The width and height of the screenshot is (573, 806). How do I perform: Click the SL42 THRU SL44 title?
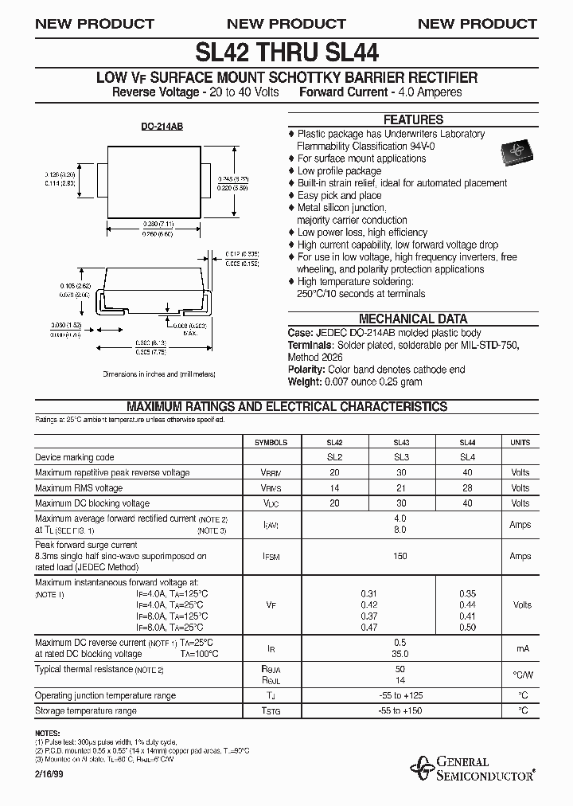[x=286, y=53]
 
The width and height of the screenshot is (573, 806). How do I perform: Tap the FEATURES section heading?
[x=414, y=120]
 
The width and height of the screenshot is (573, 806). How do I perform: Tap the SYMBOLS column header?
[x=271, y=442]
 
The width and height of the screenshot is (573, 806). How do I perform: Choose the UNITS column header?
[x=520, y=442]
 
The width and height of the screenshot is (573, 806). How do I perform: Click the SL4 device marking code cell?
[x=467, y=457]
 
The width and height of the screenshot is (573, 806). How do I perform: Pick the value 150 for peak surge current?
[x=401, y=556]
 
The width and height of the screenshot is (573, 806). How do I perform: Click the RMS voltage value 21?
[x=401, y=488]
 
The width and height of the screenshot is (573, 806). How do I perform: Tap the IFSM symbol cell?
[x=271, y=556]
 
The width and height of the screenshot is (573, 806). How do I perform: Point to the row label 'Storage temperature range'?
[x=86, y=710]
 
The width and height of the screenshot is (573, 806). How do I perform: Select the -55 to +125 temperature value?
[x=401, y=695]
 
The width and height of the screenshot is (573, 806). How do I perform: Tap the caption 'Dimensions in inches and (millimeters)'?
[x=159, y=374]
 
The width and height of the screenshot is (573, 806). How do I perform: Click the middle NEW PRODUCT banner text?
[x=286, y=24]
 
